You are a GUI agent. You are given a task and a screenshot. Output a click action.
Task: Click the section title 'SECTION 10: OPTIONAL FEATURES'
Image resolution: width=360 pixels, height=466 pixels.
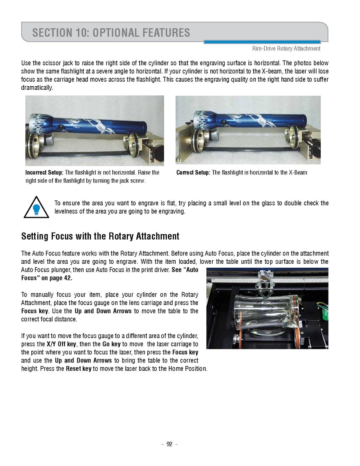click(x=111, y=32)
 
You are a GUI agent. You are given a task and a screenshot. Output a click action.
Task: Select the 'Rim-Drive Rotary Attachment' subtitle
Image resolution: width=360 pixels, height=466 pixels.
click(x=286, y=49)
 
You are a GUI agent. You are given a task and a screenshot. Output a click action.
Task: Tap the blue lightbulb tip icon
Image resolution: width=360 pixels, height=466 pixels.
click(x=36, y=209)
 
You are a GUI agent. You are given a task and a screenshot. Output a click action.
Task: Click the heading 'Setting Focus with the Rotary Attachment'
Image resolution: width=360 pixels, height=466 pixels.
click(x=100, y=236)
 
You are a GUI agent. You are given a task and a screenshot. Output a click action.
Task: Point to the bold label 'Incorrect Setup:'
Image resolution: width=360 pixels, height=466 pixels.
click(x=44, y=172)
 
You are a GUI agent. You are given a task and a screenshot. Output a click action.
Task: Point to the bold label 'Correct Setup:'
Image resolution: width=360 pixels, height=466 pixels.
click(x=193, y=172)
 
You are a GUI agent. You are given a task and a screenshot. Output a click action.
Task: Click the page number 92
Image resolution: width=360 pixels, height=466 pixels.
click(x=169, y=444)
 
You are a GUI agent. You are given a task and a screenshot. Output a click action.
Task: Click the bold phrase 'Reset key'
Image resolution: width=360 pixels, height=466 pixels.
click(x=79, y=368)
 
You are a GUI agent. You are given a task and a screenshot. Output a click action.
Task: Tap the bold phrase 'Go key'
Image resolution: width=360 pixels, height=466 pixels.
click(x=111, y=344)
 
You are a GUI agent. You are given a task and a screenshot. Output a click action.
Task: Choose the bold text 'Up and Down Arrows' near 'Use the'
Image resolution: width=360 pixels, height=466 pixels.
click(x=103, y=311)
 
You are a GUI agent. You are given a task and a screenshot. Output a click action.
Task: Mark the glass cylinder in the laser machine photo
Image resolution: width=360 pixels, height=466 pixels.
click(x=268, y=311)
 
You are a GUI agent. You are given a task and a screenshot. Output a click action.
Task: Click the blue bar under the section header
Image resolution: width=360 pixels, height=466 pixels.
click(x=262, y=42)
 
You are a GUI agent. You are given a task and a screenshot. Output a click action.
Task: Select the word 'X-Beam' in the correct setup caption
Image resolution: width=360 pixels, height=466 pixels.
click(x=298, y=172)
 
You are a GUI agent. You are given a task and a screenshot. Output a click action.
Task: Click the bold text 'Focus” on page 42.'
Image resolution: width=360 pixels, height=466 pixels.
click(x=47, y=278)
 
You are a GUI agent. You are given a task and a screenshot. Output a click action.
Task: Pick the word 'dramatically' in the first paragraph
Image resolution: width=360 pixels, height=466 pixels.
click(x=37, y=88)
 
